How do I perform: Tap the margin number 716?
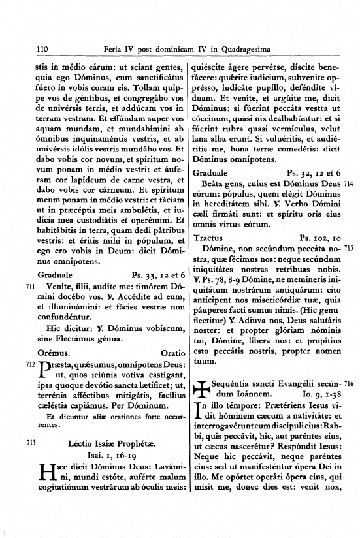pyautogui.click(x=348, y=385)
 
